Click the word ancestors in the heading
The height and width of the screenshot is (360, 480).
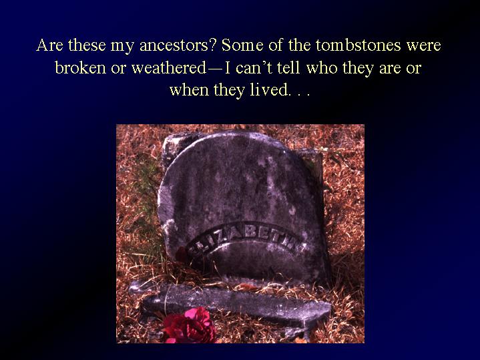[178, 45]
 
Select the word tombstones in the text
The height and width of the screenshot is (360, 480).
[358, 45]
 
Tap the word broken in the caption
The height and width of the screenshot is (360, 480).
[81, 67]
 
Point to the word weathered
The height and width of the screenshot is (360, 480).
[169, 67]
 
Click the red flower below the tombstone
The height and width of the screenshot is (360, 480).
[189, 326]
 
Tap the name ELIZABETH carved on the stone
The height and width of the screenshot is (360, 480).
[245, 239]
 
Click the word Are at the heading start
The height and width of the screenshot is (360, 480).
[49, 45]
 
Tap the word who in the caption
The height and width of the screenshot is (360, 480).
[321, 67]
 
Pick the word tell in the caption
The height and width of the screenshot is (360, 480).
[288, 67]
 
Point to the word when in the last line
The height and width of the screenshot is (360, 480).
[189, 89]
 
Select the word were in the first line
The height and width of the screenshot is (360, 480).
[424, 45]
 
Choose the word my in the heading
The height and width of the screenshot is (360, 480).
[122, 46]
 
